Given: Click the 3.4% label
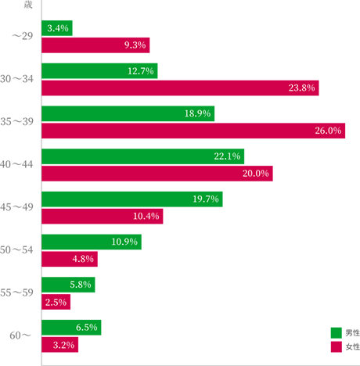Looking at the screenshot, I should click(x=58, y=28).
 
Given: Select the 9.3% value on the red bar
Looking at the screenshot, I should click(x=135, y=45).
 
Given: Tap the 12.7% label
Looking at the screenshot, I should click(x=140, y=71).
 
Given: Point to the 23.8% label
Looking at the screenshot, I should click(x=301, y=88).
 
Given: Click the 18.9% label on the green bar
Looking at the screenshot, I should click(x=197, y=113).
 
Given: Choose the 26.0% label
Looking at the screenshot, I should click(x=328, y=131).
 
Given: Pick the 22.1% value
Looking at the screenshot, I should click(x=226, y=156).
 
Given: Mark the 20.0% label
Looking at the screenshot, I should click(x=255, y=173).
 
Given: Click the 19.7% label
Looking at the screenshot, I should click(x=205, y=199).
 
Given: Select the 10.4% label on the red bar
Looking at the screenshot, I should click(x=146, y=216).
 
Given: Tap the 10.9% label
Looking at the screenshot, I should click(x=124, y=242).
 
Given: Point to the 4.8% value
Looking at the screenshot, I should click(x=83, y=259).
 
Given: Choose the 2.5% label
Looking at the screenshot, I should click(x=56, y=302).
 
